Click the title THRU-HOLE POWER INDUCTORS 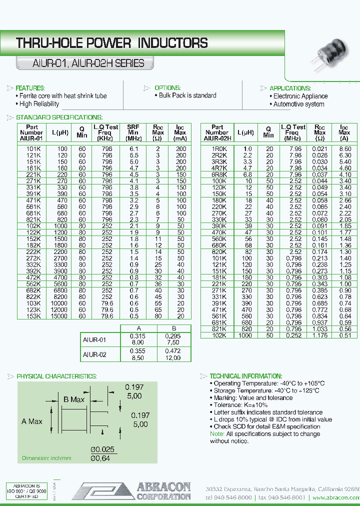click(x=112, y=43)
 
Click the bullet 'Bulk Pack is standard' click(x=187, y=95)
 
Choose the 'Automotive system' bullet click(x=298, y=104)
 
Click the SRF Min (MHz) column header click(x=133, y=133)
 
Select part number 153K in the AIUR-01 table click(x=34, y=316)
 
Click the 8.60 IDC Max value click(x=345, y=149)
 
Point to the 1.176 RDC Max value click(x=320, y=335)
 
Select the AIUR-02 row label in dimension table click(x=94, y=355)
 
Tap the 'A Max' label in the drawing click(x=32, y=421)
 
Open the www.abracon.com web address click(x=335, y=498)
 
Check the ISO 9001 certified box click(x=26, y=491)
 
